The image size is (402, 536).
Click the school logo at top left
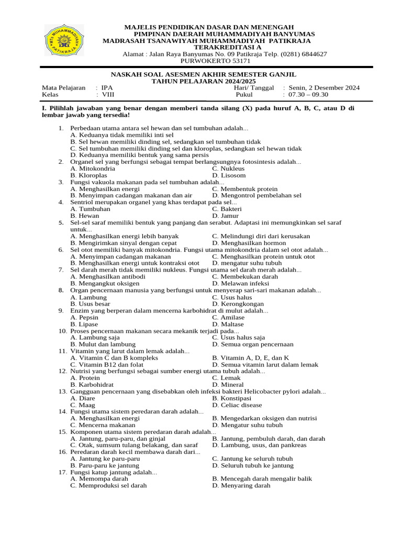click(x=64, y=40)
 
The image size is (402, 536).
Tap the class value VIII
click(x=108, y=95)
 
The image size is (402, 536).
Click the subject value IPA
click(x=107, y=88)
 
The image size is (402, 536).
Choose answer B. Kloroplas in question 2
click(x=89, y=175)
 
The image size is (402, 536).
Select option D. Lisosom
click(x=229, y=175)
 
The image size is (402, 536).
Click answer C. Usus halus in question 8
click(x=232, y=297)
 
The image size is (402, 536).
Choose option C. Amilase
click(x=228, y=317)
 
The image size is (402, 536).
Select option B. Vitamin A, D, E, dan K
click(x=250, y=358)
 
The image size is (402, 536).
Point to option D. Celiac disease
click(x=237, y=405)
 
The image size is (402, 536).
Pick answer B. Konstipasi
click(x=233, y=398)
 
